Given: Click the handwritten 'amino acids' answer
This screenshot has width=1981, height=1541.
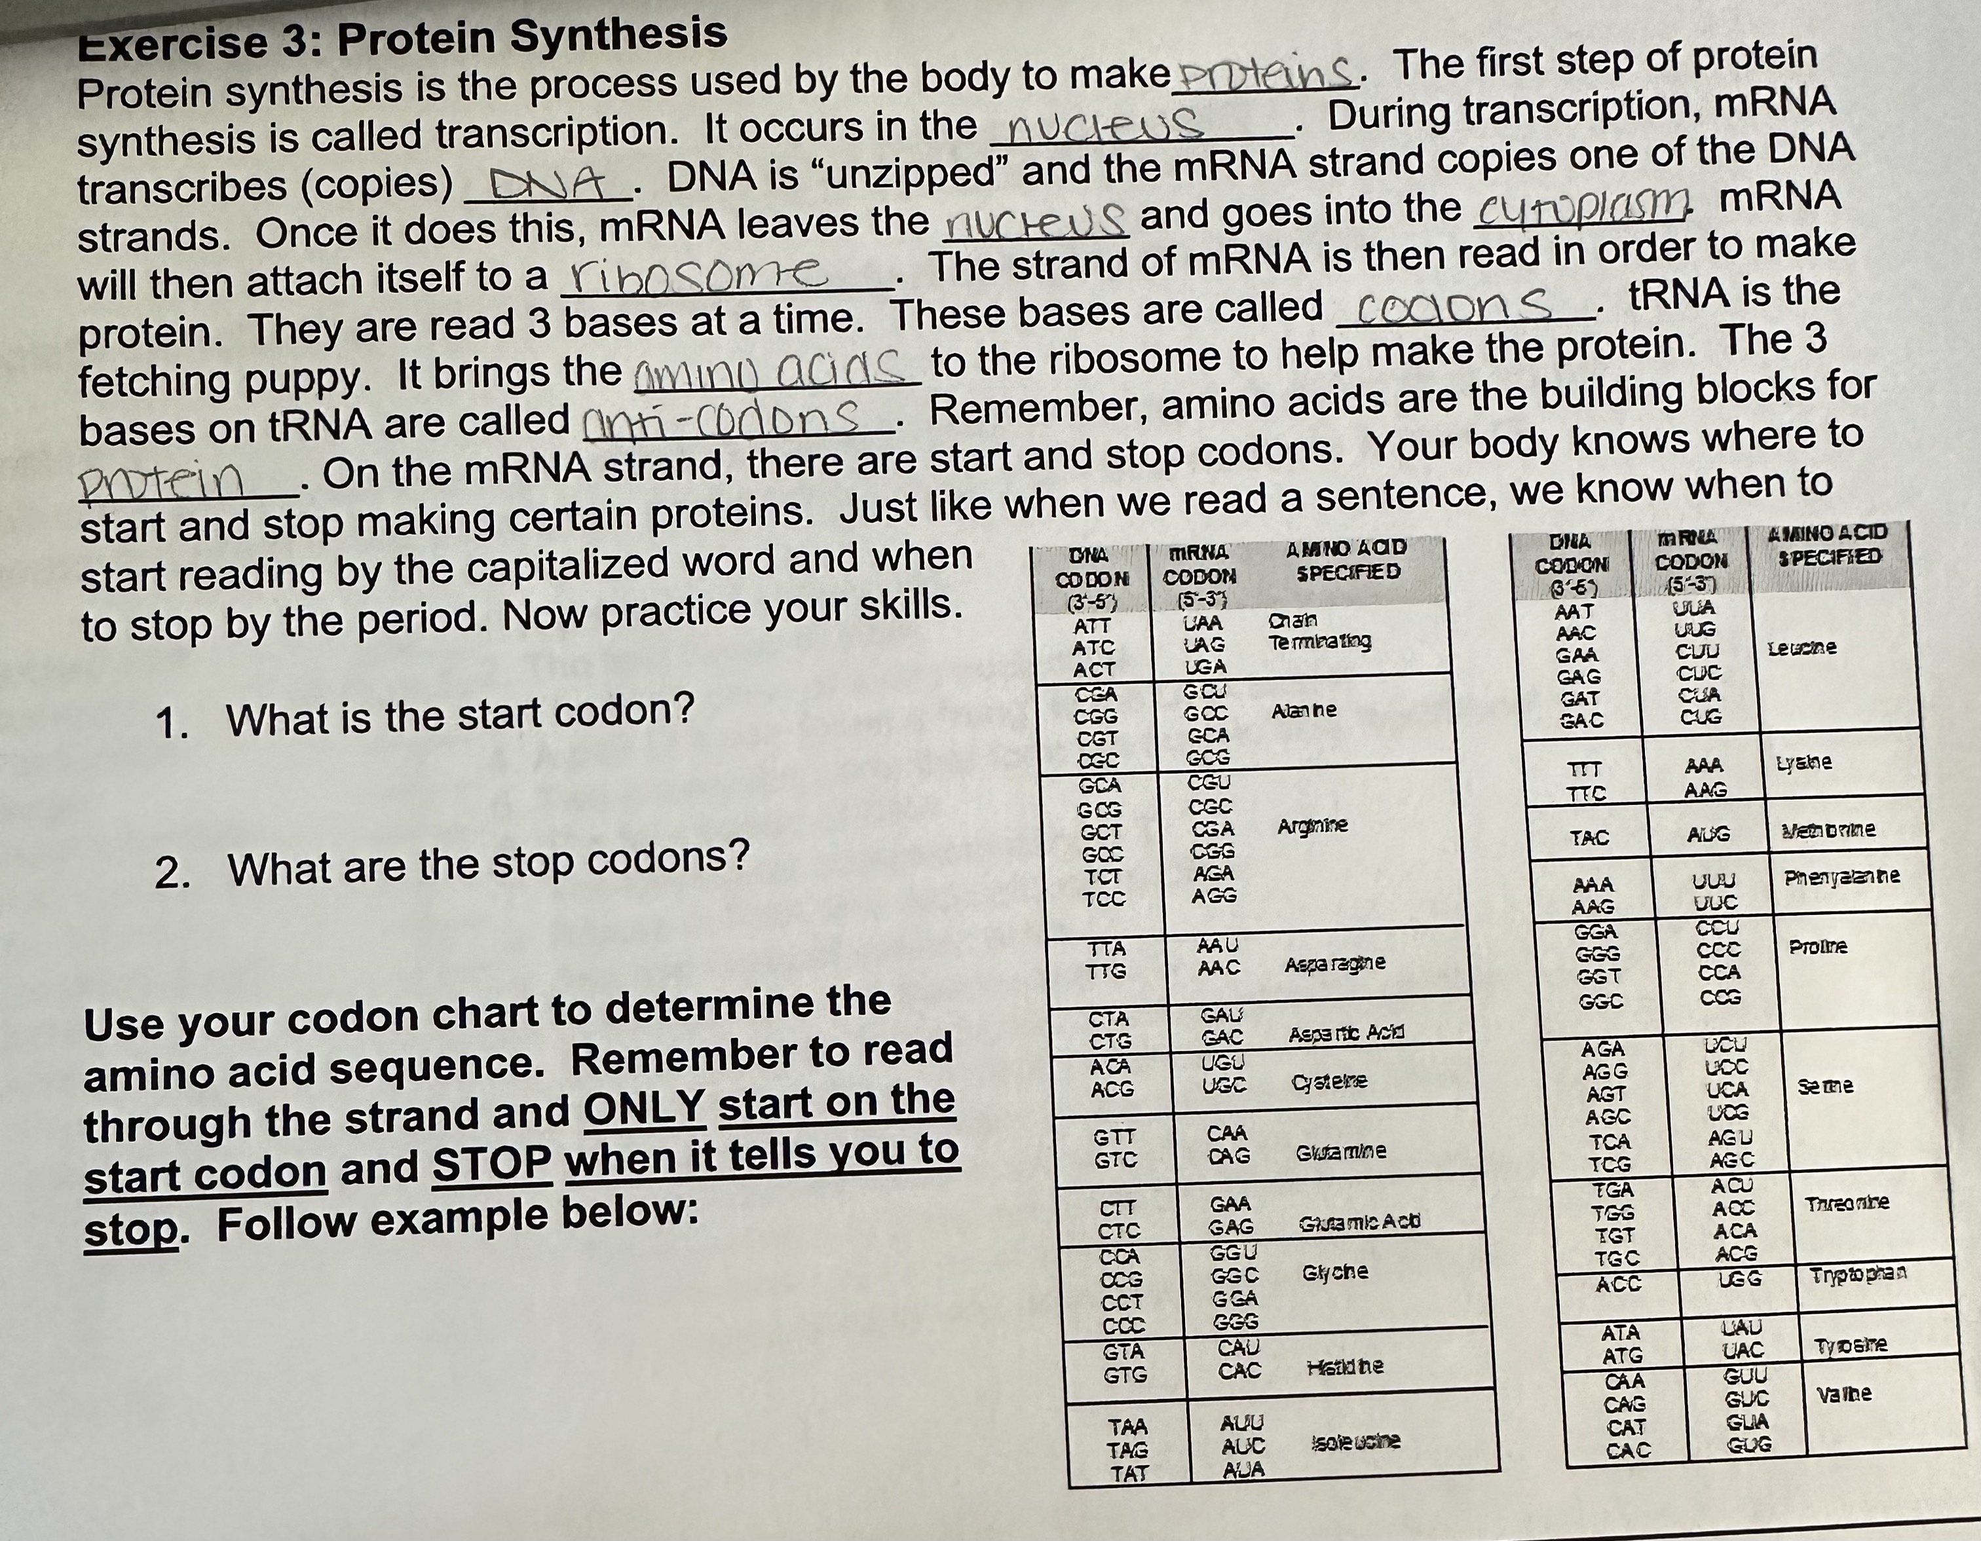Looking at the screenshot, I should [771, 370].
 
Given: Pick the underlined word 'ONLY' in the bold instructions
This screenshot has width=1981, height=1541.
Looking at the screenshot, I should [644, 1108].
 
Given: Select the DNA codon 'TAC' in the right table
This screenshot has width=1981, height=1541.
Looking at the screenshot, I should [1589, 838].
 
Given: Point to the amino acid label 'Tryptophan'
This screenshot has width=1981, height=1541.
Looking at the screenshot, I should [1858, 1274].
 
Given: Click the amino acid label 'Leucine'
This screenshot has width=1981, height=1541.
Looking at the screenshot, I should [1802, 648].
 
